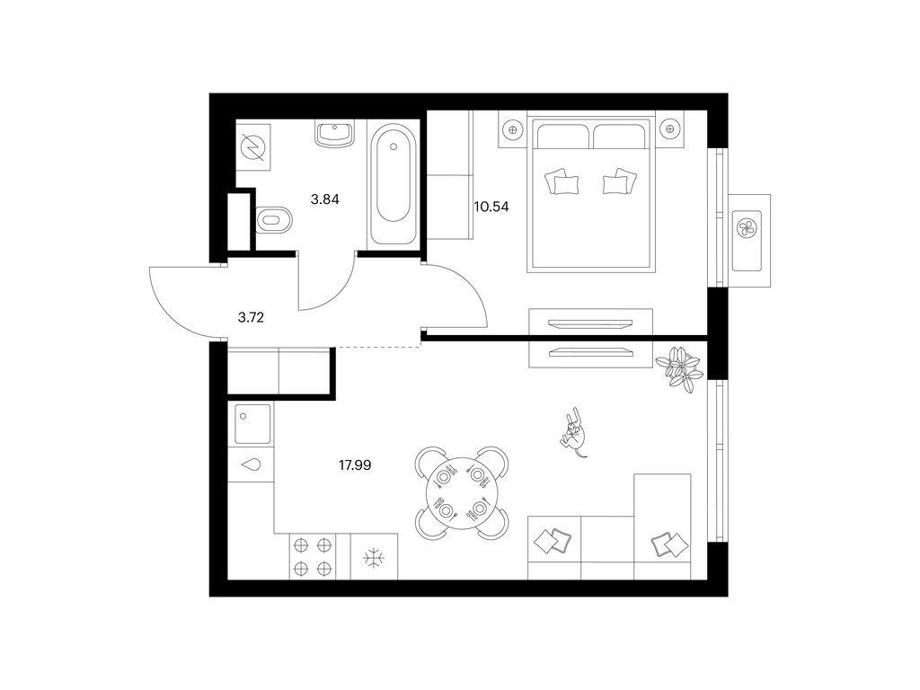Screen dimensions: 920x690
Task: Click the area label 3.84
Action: tap(324, 199)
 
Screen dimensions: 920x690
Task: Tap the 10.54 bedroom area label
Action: tap(491, 207)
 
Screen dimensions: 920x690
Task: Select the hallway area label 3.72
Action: tap(251, 318)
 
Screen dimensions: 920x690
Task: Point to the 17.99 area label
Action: tap(354, 465)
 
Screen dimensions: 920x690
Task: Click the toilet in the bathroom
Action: tap(274, 220)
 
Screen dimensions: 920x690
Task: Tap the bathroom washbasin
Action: tap(334, 134)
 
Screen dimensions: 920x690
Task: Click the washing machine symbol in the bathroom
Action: tap(252, 147)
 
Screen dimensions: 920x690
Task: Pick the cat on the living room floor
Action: tap(574, 431)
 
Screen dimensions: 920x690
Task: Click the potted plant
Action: tap(679, 368)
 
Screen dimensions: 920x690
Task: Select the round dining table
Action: tap(462, 493)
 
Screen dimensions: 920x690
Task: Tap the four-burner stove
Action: tap(313, 557)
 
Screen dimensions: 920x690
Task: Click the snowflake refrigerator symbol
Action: tap(373, 557)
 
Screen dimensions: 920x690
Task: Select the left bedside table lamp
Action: tap(513, 129)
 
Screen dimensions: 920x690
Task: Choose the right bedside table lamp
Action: tap(669, 126)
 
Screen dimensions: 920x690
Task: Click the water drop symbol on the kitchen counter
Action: tap(252, 465)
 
